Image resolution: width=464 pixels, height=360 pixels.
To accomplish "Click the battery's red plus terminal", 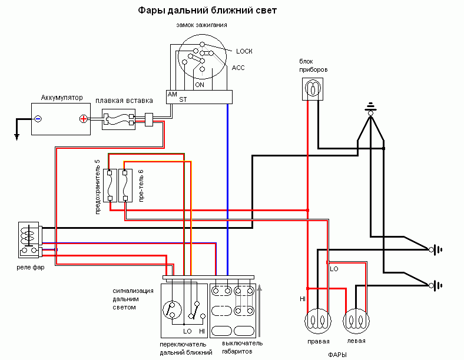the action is [x=84, y=119].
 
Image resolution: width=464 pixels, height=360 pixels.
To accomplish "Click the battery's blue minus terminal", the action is [x=38, y=119].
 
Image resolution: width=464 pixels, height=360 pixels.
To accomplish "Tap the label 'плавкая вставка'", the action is [x=124, y=101].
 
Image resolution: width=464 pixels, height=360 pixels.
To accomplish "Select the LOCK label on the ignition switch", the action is [x=244, y=51].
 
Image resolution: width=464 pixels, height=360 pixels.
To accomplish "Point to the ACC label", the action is [x=238, y=68].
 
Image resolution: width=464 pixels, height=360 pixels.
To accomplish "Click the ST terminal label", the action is [x=183, y=99].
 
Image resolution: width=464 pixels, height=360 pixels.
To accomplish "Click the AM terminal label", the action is [x=172, y=94].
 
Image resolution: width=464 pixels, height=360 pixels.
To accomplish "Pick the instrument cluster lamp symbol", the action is [x=313, y=89].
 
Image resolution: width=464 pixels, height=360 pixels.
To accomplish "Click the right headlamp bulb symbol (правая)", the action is [x=318, y=321].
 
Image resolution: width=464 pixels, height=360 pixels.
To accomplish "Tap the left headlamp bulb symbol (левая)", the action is [x=356, y=321].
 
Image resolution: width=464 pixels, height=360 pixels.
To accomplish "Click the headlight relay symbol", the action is [x=29, y=239].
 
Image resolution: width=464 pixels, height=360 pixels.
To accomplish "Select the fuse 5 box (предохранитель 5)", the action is [x=110, y=185].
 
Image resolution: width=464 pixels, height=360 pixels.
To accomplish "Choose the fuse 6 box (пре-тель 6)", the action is [x=125, y=185].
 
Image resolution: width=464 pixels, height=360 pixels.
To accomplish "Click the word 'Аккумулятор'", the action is [x=62, y=98].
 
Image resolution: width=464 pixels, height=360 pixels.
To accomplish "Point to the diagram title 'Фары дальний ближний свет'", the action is [x=207, y=11].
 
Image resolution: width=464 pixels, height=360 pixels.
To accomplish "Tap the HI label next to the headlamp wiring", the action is [x=303, y=299].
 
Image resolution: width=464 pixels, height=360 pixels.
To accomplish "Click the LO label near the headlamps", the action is [x=334, y=269].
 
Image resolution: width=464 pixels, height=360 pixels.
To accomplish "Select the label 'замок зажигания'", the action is [x=201, y=25].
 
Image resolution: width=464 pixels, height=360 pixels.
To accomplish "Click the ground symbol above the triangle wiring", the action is [x=370, y=108].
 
